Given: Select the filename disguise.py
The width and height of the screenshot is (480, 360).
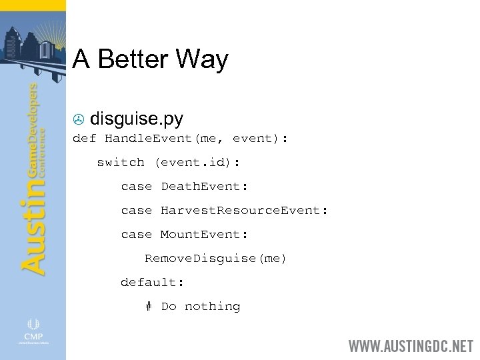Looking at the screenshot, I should [x=137, y=119].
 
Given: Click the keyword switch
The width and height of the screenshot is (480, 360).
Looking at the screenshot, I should [x=120, y=162].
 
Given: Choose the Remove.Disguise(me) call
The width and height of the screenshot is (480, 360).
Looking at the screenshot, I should [x=215, y=258].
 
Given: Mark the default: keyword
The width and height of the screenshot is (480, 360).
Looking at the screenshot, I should [x=152, y=282].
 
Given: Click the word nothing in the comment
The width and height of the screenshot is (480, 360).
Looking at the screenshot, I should [x=212, y=306].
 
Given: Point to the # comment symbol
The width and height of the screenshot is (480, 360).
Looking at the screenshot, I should [x=148, y=306].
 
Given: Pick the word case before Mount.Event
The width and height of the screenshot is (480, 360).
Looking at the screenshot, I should [x=136, y=234].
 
